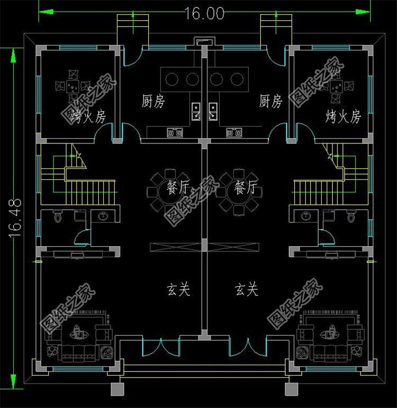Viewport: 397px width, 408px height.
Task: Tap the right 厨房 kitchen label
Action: [270, 101]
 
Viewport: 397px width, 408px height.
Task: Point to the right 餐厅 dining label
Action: [246, 187]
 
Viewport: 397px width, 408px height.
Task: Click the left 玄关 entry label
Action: [178, 289]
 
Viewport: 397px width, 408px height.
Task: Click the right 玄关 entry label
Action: [246, 289]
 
